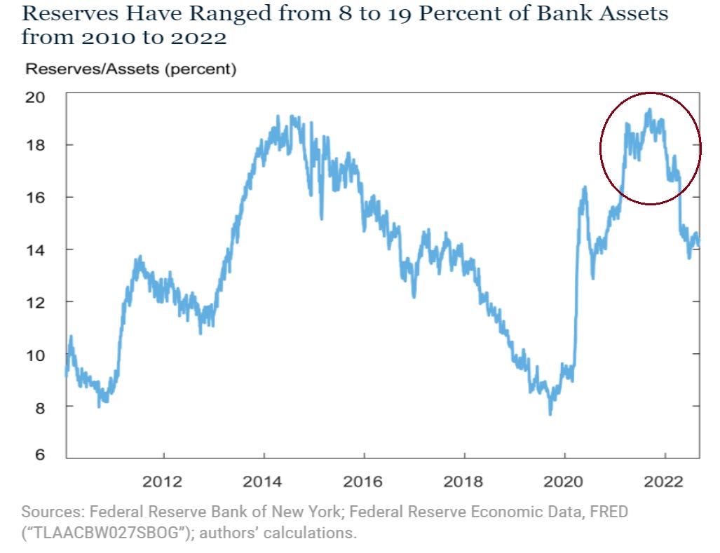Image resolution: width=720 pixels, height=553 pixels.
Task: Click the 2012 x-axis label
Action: (x=163, y=482)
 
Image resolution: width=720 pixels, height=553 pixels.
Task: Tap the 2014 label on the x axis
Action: (x=263, y=482)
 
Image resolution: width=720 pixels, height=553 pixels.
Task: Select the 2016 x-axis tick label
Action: (x=363, y=482)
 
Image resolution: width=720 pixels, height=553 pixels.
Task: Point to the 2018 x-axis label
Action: (x=463, y=482)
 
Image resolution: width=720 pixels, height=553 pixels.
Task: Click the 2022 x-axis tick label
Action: (x=664, y=482)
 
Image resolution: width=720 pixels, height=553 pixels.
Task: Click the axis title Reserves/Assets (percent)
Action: (x=130, y=69)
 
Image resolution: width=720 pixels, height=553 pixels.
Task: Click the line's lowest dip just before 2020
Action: (x=550, y=414)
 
